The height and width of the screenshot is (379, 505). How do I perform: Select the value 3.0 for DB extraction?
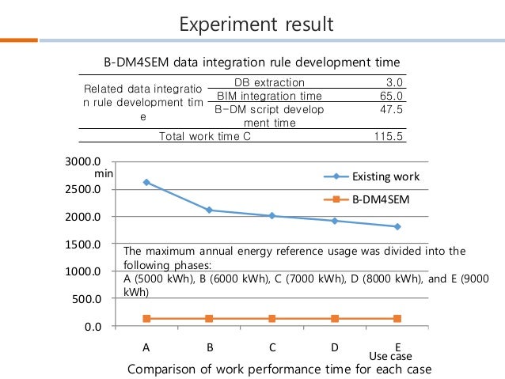click(x=394, y=82)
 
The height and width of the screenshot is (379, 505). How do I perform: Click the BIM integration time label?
click(x=258, y=96)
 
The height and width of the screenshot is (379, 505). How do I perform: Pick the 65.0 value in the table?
click(x=391, y=96)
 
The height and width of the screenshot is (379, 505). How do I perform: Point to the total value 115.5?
click(x=389, y=136)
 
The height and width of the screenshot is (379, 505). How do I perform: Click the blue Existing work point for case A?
click(x=146, y=182)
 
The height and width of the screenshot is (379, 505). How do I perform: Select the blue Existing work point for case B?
click(x=209, y=210)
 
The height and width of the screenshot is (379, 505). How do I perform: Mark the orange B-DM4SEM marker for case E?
click(x=397, y=318)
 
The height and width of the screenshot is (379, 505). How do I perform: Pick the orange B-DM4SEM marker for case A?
click(x=146, y=318)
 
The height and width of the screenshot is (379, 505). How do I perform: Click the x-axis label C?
click(x=272, y=347)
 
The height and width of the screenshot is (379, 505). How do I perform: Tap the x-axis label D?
click(x=335, y=347)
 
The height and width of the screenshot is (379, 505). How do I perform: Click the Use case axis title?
click(x=390, y=357)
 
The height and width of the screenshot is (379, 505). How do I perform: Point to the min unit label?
click(x=104, y=172)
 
